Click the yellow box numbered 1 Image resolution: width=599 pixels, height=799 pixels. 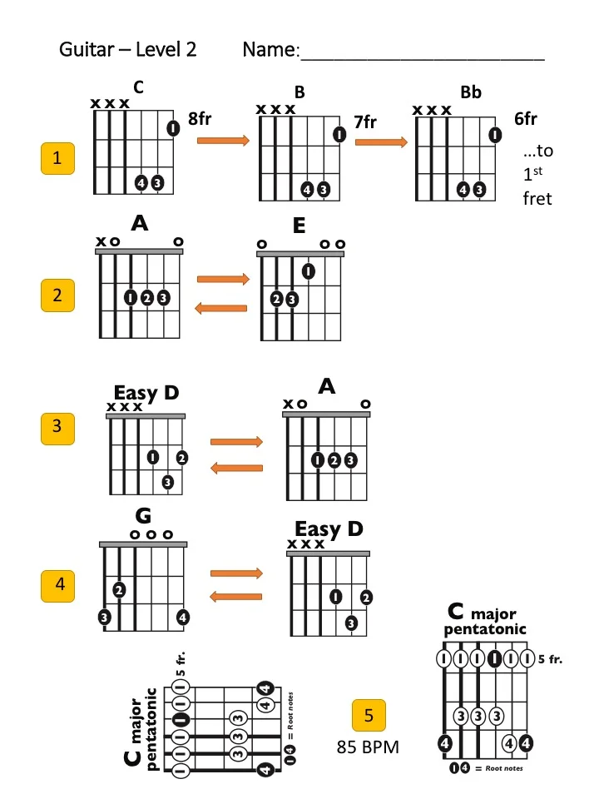[x=57, y=158]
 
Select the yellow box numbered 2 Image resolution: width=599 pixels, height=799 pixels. [x=57, y=295]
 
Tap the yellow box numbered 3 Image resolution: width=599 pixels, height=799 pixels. [x=57, y=426]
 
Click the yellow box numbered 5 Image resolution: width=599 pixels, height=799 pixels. [x=369, y=715]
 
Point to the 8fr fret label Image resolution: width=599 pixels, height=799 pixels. [x=200, y=119]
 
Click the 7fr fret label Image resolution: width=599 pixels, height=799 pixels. [x=365, y=122]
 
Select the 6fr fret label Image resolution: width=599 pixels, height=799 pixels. [x=526, y=119]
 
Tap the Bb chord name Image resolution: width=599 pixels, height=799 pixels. [x=471, y=92]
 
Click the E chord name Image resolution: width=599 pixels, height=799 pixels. [x=299, y=226]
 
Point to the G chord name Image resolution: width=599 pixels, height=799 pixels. [x=143, y=519]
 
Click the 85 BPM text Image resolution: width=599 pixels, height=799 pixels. [x=368, y=747]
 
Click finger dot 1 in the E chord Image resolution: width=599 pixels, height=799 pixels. [x=309, y=270]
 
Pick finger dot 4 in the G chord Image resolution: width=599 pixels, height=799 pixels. [x=182, y=618]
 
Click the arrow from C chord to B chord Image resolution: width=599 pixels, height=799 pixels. [x=223, y=141]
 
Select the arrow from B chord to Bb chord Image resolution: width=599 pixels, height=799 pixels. [x=381, y=142]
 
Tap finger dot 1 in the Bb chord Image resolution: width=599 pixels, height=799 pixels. [x=495, y=135]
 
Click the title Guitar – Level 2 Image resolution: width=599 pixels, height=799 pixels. [x=127, y=49]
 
